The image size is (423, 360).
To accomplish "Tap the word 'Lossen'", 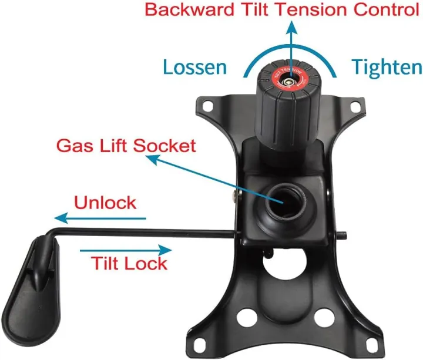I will [194, 67].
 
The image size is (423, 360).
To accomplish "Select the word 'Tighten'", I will [386, 67].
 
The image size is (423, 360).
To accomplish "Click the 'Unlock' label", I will [105, 203].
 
